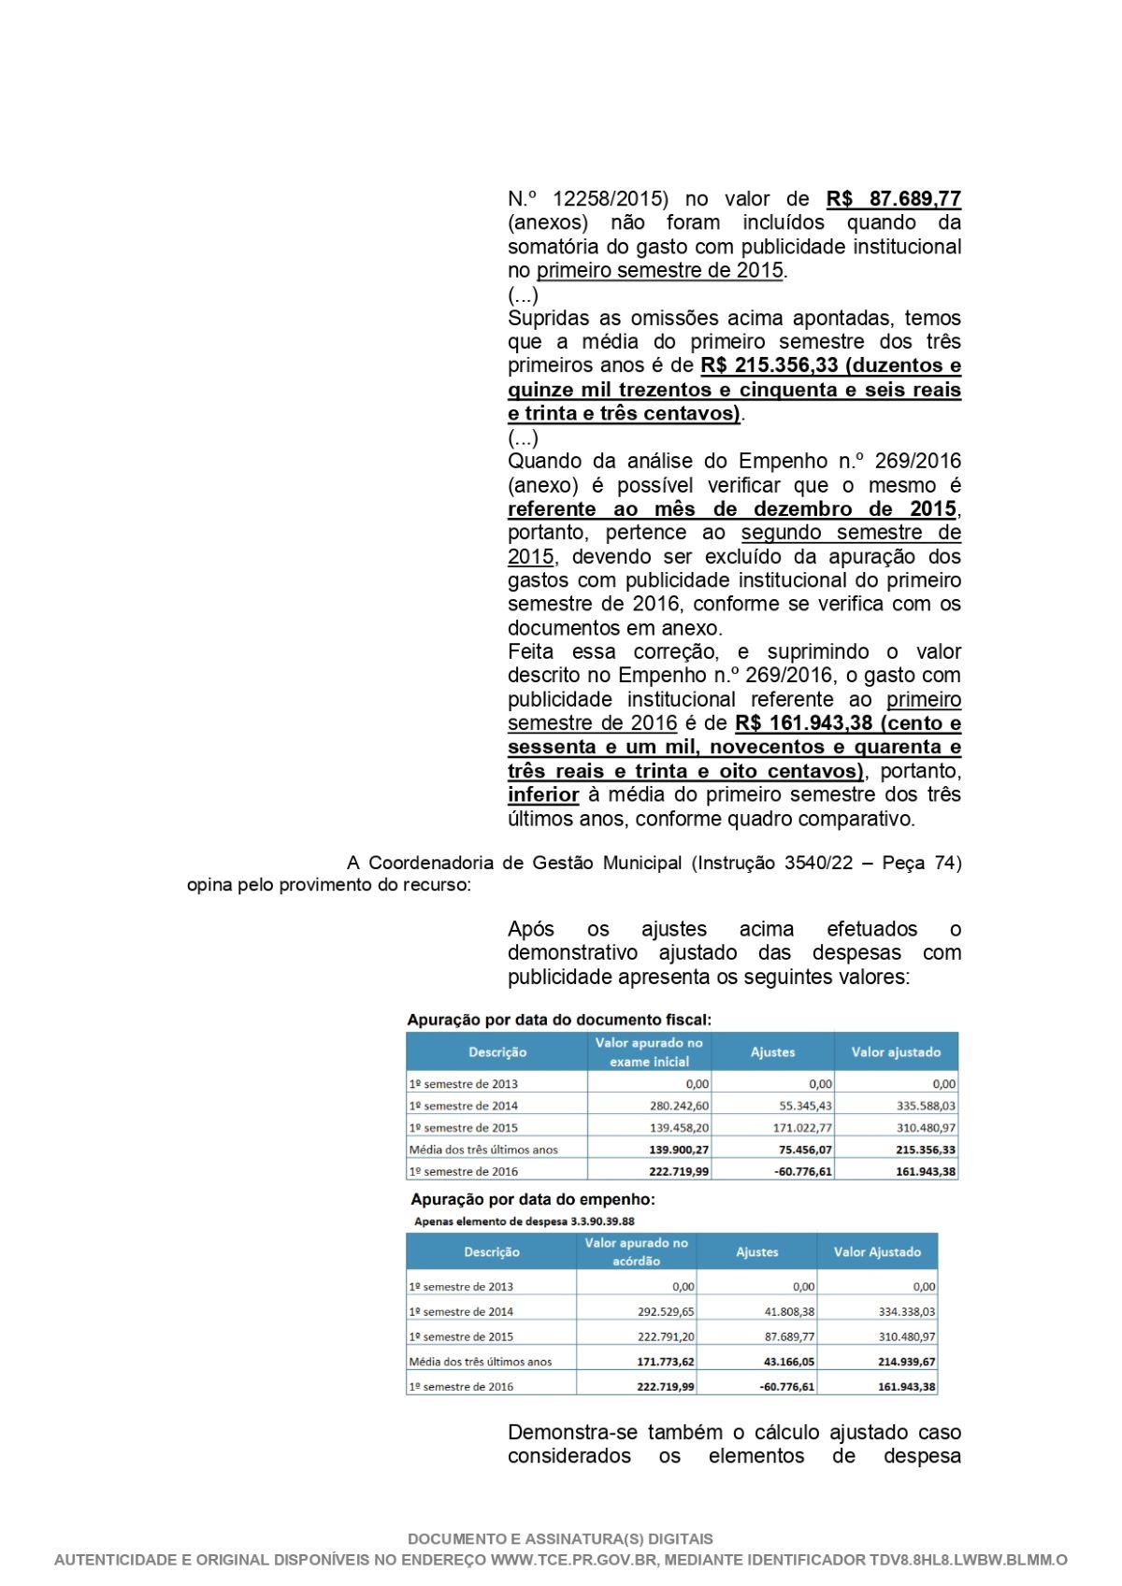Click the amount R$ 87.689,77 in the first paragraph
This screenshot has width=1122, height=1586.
pos(893,199)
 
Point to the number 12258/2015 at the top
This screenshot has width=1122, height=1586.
pos(611,199)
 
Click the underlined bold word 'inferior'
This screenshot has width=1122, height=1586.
pos(543,795)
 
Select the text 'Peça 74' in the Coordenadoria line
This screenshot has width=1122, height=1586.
pos(919,863)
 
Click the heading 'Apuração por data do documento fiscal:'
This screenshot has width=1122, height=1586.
pos(559,1020)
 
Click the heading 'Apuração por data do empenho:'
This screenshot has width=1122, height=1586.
pos(533,1199)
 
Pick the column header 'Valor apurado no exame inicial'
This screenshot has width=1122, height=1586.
pos(649,1052)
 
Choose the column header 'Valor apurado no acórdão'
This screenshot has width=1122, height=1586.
pos(636,1252)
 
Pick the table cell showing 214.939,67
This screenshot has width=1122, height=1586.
pos(906,1363)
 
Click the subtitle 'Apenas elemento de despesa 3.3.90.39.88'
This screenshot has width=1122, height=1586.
pos(524,1222)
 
